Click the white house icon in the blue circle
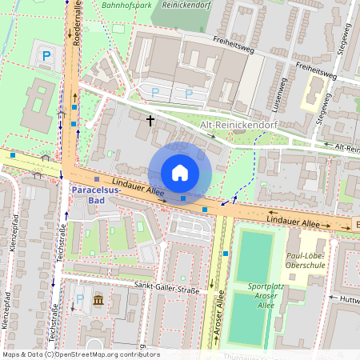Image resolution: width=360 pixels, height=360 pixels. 180,173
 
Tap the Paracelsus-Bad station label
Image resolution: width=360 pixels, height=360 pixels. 96,195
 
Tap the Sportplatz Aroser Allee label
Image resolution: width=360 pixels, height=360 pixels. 271,290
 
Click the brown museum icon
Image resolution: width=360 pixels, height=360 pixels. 98,300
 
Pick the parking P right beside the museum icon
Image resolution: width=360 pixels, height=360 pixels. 78,300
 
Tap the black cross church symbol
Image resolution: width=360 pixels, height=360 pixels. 150,120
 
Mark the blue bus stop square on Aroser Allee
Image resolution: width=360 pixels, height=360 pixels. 226,254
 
